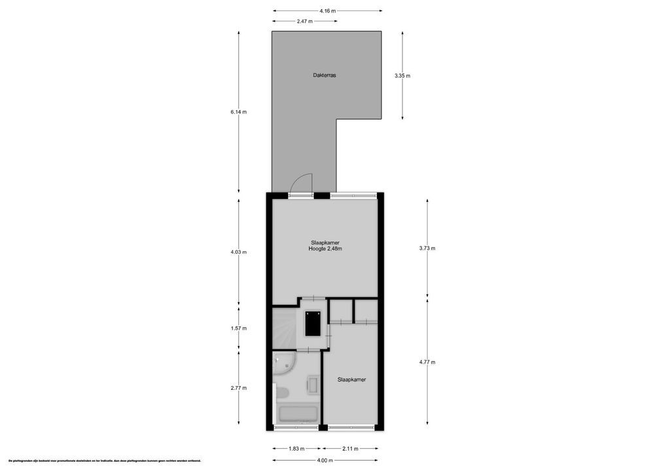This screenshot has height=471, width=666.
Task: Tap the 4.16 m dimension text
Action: (328, 10)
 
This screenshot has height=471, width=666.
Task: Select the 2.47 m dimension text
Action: (305, 22)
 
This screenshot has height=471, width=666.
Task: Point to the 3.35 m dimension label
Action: (402, 76)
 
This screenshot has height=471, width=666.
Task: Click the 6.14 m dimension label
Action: (238, 112)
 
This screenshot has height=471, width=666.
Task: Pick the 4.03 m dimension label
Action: (238, 252)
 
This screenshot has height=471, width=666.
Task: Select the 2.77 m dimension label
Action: (238, 388)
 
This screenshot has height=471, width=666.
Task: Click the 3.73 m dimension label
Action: (427, 248)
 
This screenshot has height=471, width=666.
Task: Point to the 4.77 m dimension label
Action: (427, 362)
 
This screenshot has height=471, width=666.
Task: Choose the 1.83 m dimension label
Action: (296, 449)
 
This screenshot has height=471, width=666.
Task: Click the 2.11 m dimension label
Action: (351, 449)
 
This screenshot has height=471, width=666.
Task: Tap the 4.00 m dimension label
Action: (325, 461)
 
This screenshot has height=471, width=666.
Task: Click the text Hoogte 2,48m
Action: (325, 249)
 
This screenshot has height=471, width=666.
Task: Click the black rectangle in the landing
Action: (313, 323)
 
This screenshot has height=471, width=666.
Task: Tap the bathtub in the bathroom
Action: (298, 414)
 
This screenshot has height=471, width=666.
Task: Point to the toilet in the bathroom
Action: (282, 392)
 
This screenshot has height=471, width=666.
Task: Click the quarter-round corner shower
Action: (283, 362)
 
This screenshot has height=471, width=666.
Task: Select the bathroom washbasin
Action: (313, 385)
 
